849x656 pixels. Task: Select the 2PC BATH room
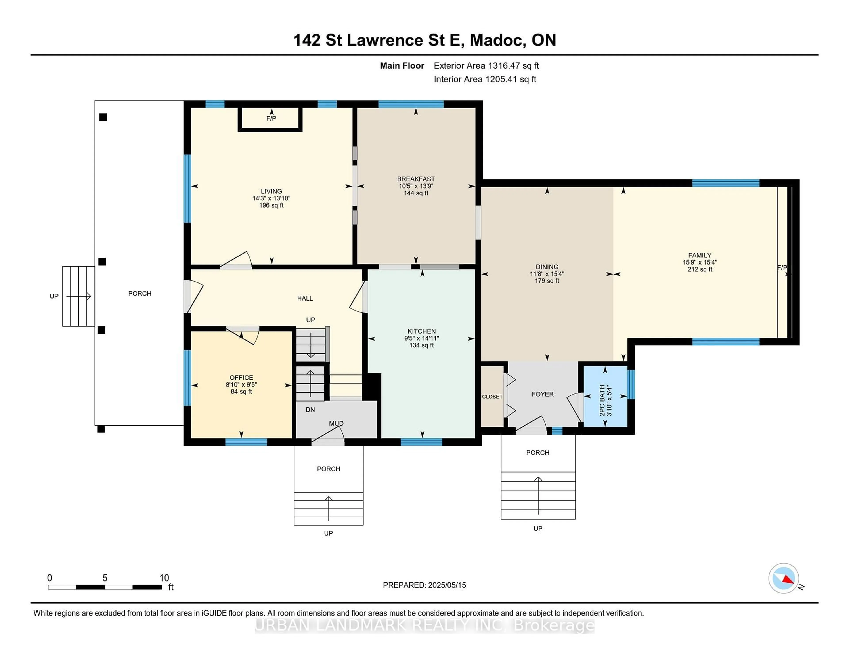coord(605,396)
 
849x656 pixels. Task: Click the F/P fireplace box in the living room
coord(271,118)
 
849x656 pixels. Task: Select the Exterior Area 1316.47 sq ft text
coord(486,66)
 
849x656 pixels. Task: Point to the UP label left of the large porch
coord(54,296)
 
